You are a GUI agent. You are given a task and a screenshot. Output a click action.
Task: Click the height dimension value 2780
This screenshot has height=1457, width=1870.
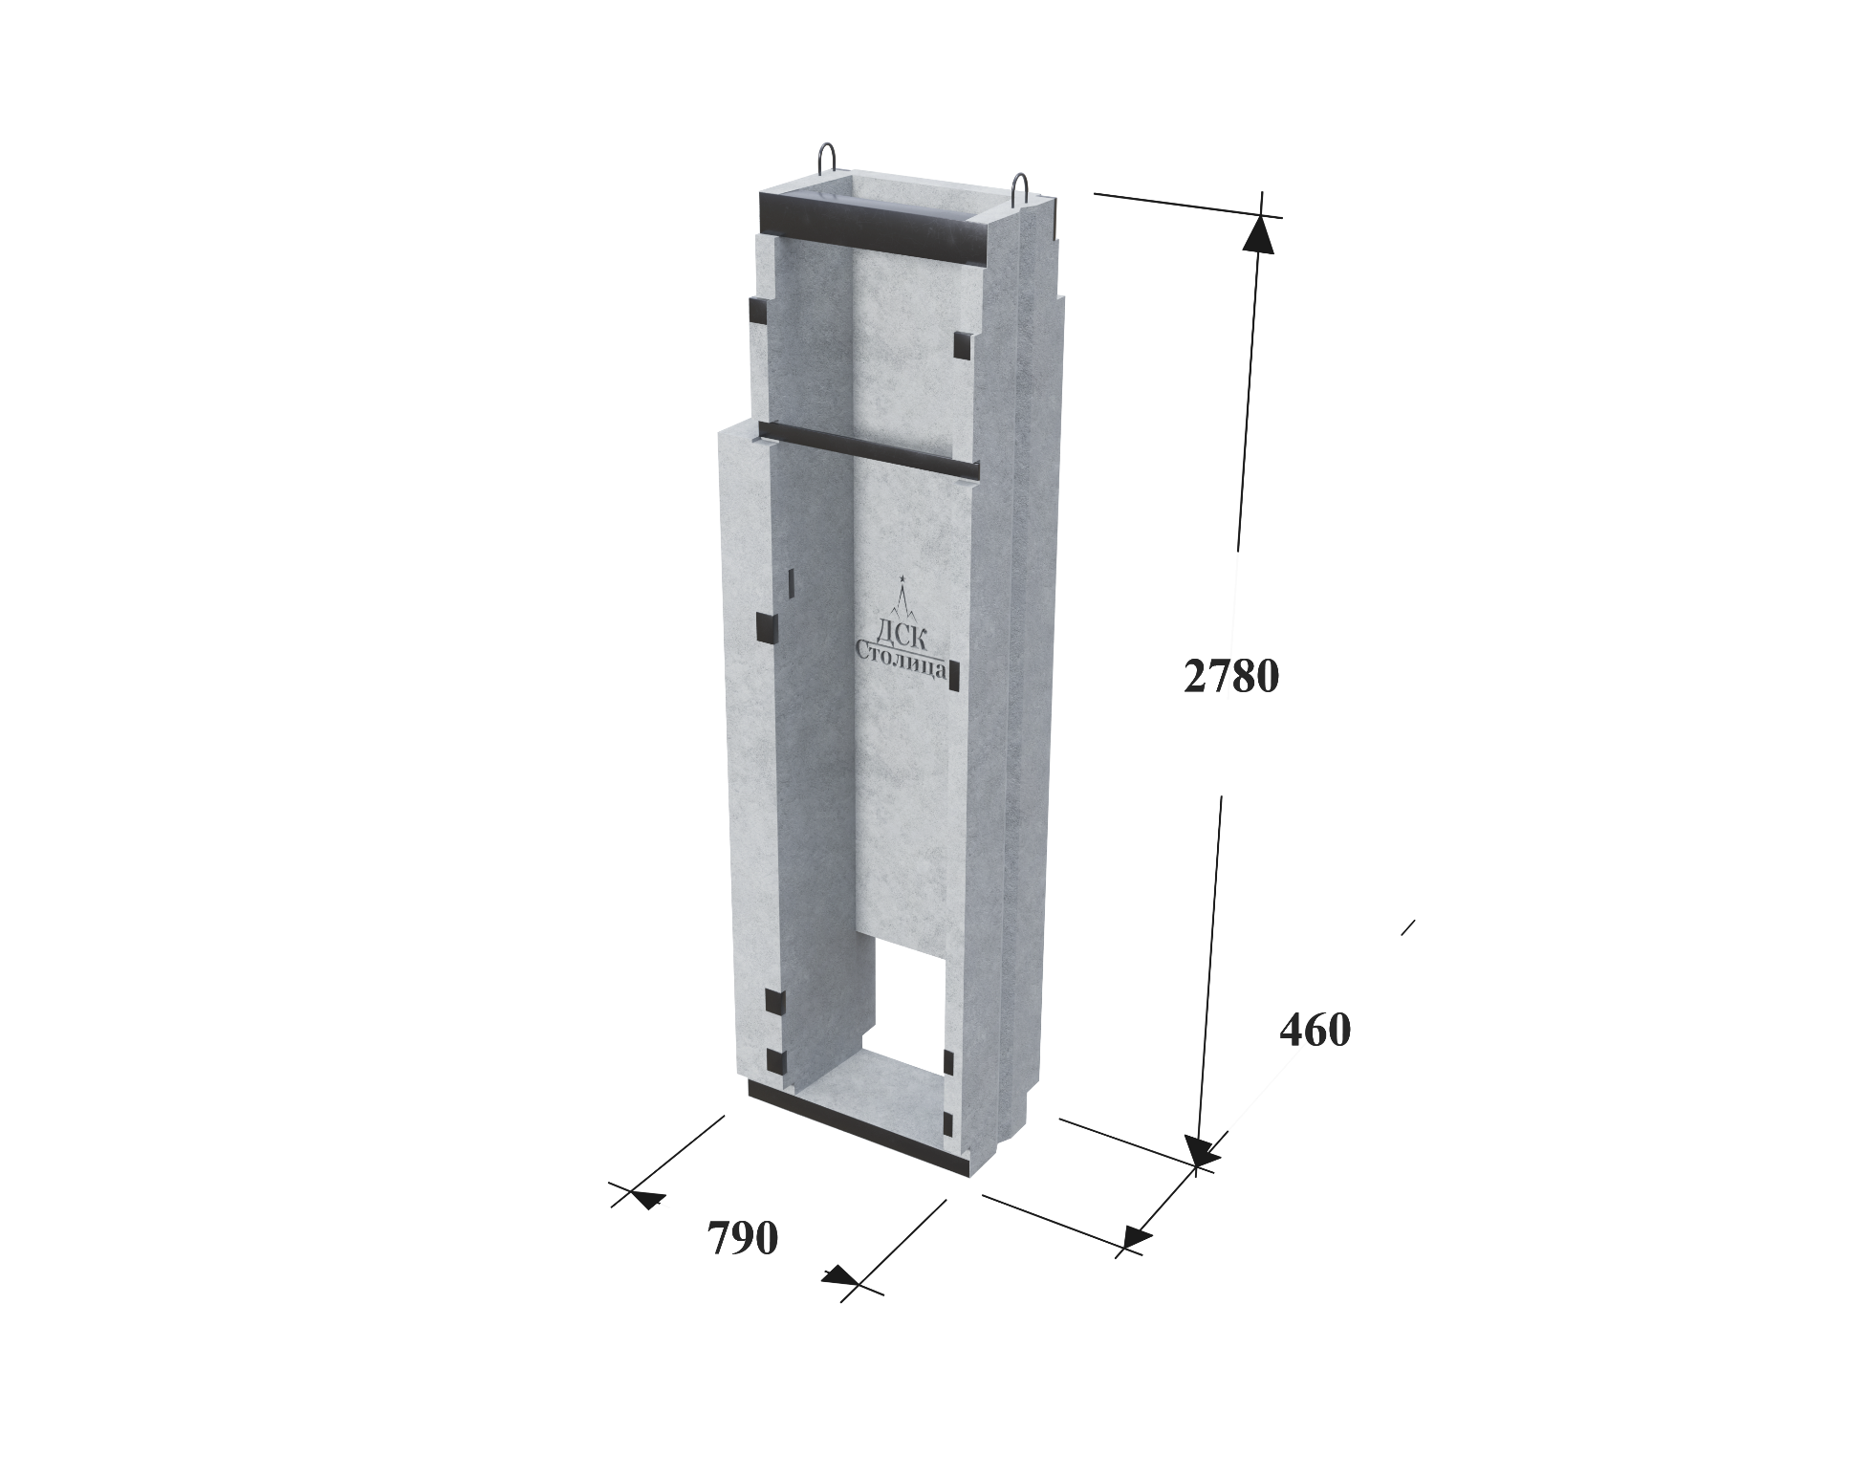[x=1230, y=677]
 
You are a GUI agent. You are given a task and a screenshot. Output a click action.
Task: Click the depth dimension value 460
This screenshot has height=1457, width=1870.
[x=1315, y=1031]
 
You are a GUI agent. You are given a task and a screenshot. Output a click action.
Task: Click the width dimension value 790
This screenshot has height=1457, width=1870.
[x=743, y=1239]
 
